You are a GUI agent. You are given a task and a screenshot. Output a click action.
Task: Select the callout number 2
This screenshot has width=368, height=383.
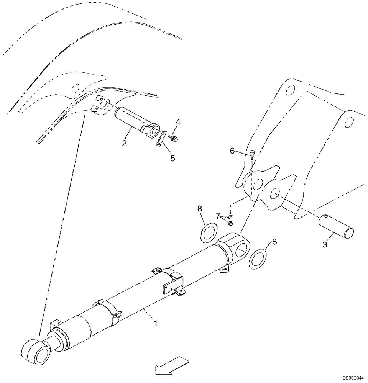(125, 143)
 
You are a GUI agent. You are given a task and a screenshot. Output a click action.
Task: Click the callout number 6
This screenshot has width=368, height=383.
(232, 151)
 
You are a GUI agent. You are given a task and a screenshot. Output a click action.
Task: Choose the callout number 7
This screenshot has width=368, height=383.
(218, 216)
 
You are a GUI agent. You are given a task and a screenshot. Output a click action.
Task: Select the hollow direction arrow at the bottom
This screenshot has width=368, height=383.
(172, 366)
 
